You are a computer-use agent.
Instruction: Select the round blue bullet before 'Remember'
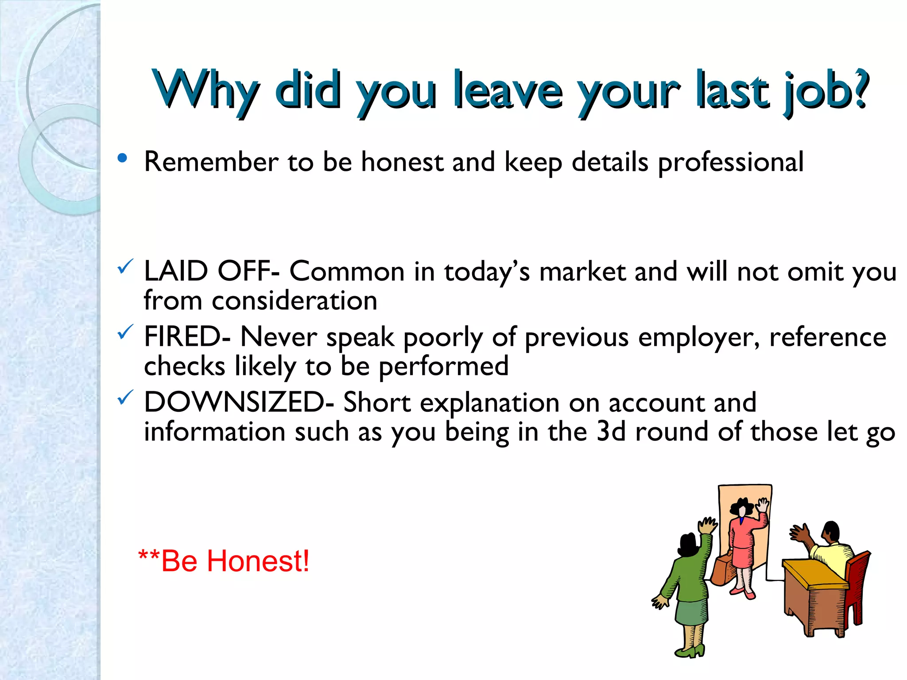[x=123, y=158]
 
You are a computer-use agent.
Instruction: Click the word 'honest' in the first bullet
[x=402, y=162]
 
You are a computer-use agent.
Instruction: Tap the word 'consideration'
[x=295, y=301]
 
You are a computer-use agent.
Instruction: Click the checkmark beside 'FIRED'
[x=125, y=332]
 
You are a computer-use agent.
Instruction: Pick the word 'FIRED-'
[x=187, y=337]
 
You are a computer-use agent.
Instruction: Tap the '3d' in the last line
[x=611, y=432]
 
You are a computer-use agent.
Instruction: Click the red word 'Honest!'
[x=258, y=561]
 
